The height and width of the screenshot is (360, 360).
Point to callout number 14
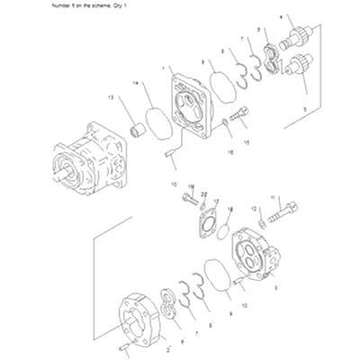137,83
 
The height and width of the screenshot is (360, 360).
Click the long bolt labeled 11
283,219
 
